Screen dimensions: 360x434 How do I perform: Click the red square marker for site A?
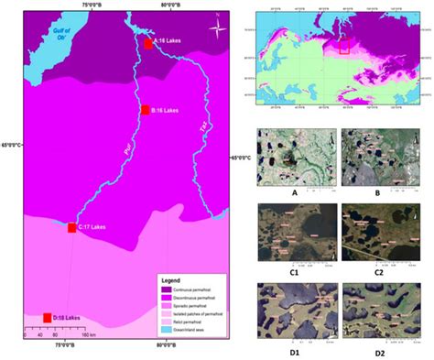(148, 42)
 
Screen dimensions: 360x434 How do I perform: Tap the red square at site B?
(145, 110)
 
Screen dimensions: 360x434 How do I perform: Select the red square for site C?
(71, 226)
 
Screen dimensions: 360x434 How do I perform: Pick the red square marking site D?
(47, 317)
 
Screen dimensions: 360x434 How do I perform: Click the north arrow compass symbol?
(217, 27)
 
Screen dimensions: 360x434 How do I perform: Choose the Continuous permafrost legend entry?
(188, 287)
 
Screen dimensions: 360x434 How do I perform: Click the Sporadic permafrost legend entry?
(188, 304)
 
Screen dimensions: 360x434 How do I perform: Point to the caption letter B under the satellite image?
(377, 192)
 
